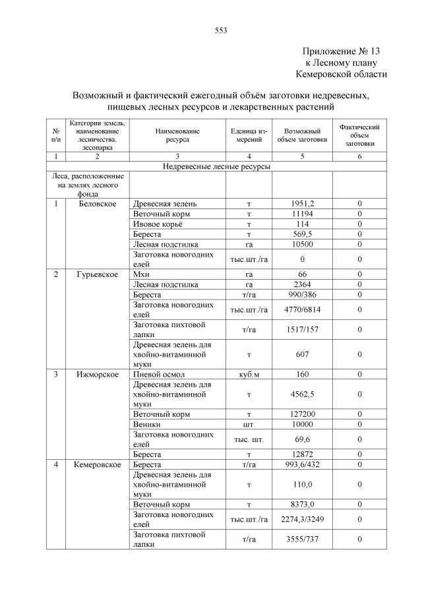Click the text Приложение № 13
[341, 51]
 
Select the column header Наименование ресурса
[177, 135]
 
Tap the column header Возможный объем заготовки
[302, 135]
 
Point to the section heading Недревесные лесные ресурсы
[216, 167]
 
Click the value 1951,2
[303, 203]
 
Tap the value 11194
[303, 214]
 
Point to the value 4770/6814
[303, 309]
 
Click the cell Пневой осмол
[158, 375]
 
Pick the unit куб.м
[249, 375]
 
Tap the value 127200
[303, 414]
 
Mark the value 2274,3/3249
[303, 519]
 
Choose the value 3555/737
[303, 540]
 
